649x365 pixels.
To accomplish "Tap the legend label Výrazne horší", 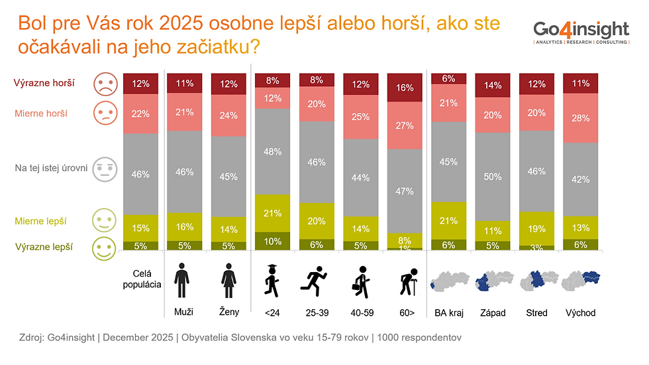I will pyautogui.click(x=44, y=84).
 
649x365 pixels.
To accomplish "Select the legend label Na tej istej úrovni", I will pyautogui.click(x=52, y=168).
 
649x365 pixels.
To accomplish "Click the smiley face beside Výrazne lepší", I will pyautogui.click(x=104, y=248).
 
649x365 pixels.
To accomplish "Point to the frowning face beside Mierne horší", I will pyautogui.click(x=104, y=113).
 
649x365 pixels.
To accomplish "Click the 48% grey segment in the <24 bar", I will pyautogui.click(x=272, y=151).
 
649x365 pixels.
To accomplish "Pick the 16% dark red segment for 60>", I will pyautogui.click(x=404, y=88).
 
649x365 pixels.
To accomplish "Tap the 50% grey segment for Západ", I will pyautogui.click(x=492, y=176).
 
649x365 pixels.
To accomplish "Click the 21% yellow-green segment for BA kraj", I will pyautogui.click(x=448, y=220).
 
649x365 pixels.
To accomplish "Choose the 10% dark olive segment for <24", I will pyautogui.click(x=272, y=241).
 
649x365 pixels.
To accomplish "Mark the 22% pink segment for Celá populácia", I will pyautogui.click(x=140, y=114).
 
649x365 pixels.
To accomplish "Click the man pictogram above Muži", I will pyautogui.click(x=184, y=282).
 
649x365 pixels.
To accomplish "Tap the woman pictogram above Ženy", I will pyautogui.click(x=228, y=282).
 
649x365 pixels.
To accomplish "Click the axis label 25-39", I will pyautogui.click(x=316, y=313).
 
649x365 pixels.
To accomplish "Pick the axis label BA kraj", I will pyautogui.click(x=448, y=313).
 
